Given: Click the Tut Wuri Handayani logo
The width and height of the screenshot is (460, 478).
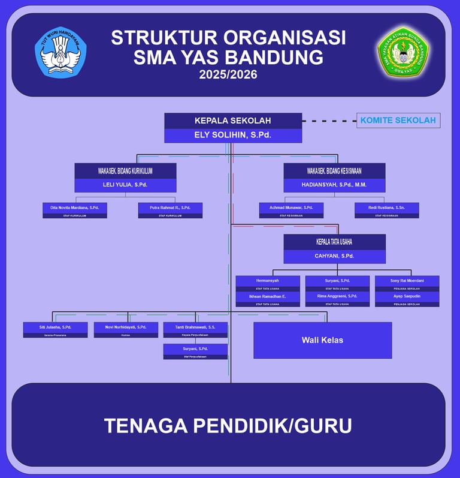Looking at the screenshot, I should (x=60, y=53).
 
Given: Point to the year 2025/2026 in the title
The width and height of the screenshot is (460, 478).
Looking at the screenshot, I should (x=228, y=75).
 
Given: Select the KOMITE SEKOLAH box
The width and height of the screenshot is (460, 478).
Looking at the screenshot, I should (x=398, y=121).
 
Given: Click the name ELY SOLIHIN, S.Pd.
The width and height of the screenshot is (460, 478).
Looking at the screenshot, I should (x=233, y=135).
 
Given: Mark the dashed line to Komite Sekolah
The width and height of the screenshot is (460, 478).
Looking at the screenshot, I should (x=329, y=121).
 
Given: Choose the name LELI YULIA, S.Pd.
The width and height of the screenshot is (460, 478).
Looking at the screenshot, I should (x=125, y=185).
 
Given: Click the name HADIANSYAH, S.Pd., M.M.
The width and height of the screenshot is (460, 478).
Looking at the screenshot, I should (x=334, y=185).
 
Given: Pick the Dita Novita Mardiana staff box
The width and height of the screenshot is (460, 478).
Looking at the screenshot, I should (x=75, y=210).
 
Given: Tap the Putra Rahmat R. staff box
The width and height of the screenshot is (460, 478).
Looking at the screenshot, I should (x=170, y=210).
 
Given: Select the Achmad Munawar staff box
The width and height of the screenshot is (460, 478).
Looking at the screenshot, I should (x=291, y=210).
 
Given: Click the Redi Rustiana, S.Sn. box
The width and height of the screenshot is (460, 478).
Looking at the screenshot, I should (x=386, y=210).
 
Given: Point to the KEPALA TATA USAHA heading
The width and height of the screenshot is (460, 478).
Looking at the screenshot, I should (x=334, y=242).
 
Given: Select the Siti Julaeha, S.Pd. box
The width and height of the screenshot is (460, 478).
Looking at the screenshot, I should (x=55, y=329).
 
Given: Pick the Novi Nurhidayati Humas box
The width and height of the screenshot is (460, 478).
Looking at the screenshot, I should (x=126, y=329).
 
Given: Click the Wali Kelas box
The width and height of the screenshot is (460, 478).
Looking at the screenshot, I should (x=322, y=340).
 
